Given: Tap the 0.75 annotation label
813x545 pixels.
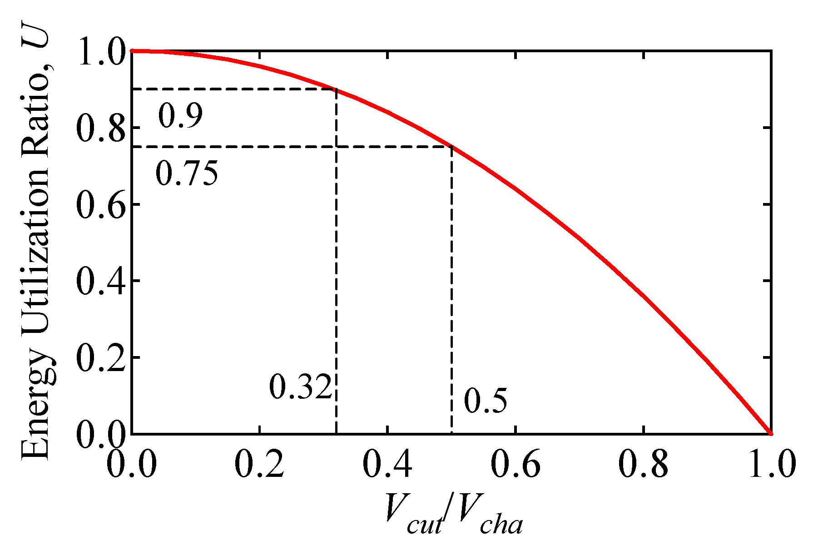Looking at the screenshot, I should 187,174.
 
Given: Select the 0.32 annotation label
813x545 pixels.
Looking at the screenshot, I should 300,387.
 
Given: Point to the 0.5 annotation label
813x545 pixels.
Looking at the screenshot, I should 485,401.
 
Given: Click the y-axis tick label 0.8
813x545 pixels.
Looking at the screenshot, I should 100,129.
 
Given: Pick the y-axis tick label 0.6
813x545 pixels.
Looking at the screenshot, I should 100,205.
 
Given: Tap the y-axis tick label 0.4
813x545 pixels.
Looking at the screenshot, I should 100,282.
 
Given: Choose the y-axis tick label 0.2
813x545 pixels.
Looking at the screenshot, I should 100,358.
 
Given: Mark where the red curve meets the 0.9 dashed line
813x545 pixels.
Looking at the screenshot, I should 336,89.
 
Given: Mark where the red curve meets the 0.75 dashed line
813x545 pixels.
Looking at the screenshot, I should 451,146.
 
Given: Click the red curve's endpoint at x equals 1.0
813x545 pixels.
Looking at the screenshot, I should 771,434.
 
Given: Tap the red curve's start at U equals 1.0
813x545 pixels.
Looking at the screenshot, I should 132,51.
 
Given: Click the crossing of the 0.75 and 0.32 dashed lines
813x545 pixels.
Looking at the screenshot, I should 336,147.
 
